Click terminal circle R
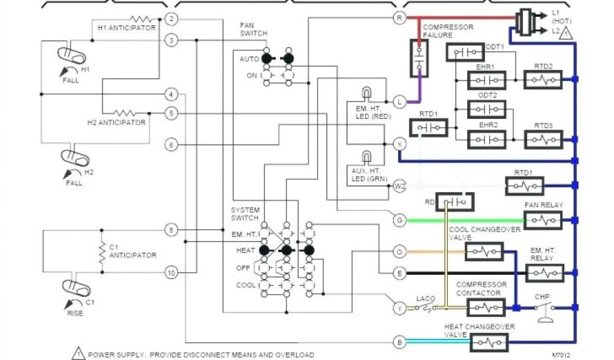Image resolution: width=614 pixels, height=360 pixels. [x=399, y=18]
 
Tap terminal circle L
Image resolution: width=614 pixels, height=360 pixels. [x=399, y=101]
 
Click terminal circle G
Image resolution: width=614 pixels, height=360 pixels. [x=399, y=220]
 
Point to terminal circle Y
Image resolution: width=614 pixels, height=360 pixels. [x=399, y=308]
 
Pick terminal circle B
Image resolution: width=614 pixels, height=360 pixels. [x=399, y=343]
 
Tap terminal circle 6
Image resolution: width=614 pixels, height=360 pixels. [x=171, y=145]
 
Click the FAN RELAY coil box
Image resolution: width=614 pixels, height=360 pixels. [x=543, y=220]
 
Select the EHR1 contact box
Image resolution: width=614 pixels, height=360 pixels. [x=486, y=80]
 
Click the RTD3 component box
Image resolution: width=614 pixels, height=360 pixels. [x=543, y=139]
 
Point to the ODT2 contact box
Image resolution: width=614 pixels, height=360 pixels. [x=486, y=109]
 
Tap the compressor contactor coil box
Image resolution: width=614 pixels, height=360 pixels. [x=486, y=308]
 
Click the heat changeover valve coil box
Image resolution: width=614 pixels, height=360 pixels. [x=489, y=343]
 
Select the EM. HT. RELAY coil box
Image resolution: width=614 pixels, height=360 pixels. [x=544, y=273]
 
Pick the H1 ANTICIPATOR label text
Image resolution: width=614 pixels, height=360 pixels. [x=127, y=28]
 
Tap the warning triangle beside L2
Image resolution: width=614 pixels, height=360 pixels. [x=564, y=35]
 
